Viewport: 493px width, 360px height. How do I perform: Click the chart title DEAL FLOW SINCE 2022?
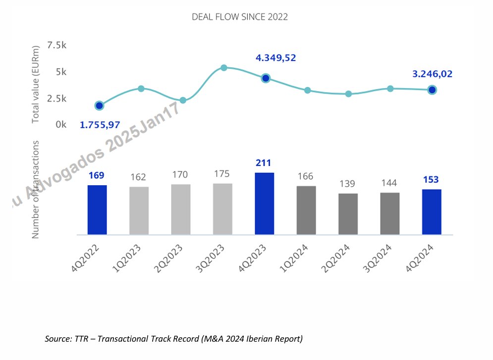point(240,17)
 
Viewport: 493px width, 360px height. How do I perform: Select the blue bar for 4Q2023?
point(265,203)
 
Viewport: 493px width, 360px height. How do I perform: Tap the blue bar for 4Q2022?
point(97,209)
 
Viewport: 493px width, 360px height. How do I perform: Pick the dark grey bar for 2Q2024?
point(348,213)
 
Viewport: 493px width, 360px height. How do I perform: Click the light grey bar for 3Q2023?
point(222,208)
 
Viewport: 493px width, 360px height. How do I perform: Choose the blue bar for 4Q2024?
point(432,211)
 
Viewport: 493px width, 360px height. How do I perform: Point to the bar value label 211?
point(264,163)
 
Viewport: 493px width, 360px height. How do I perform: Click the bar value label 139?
point(348,184)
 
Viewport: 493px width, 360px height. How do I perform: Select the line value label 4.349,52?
point(275,58)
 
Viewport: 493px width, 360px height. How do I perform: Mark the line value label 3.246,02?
point(432,74)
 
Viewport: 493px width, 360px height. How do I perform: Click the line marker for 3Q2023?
point(224,67)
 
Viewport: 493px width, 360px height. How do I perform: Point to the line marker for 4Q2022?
point(99,105)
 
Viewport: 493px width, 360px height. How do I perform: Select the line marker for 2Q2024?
point(349,94)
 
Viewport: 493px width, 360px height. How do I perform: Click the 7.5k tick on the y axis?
point(56,46)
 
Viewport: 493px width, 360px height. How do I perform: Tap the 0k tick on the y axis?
point(61,124)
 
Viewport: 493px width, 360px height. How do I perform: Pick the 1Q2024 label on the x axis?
point(298,258)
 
